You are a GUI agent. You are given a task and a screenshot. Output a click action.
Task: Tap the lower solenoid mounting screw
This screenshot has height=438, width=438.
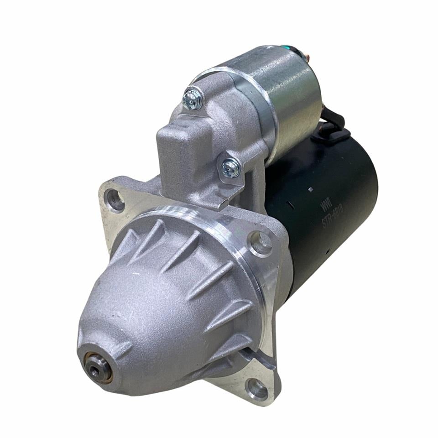pos(230,167)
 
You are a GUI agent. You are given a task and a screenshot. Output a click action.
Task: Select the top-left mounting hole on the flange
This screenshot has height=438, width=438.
pos(114,200)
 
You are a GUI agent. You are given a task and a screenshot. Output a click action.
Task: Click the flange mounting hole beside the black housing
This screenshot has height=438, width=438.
pos(260,243)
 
